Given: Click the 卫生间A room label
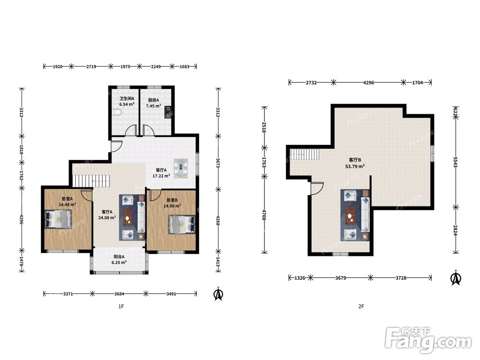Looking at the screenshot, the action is pyautogui.click(x=127, y=98).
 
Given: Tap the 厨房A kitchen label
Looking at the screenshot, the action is pyautogui.click(x=154, y=100).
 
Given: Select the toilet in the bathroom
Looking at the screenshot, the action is pyautogui.click(x=117, y=113).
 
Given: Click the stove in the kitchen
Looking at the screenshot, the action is pyautogui.click(x=168, y=112).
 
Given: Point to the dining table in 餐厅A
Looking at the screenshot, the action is pyautogui.click(x=181, y=168).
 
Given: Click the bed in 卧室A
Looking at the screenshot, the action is pyautogui.click(x=59, y=219).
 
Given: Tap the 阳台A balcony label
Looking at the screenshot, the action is pyautogui.click(x=119, y=257).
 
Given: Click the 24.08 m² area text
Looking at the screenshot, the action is pyautogui.click(x=107, y=217).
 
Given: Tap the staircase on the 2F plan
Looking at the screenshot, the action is pyautogui.click(x=305, y=154).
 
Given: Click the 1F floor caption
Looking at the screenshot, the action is pyautogui.click(x=121, y=306).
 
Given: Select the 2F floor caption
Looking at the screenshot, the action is pyautogui.click(x=361, y=306).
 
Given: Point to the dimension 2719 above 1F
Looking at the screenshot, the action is pyautogui.click(x=91, y=66).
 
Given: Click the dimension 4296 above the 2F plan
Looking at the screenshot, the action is pyautogui.click(x=368, y=83).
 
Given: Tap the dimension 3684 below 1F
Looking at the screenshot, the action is pyautogui.click(x=119, y=294).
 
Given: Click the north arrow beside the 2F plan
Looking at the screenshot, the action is pyautogui.click(x=456, y=277).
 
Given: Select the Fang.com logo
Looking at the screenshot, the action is pyautogui.click(x=429, y=339).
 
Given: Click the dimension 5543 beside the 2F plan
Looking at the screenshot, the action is pyautogui.click(x=455, y=162).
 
